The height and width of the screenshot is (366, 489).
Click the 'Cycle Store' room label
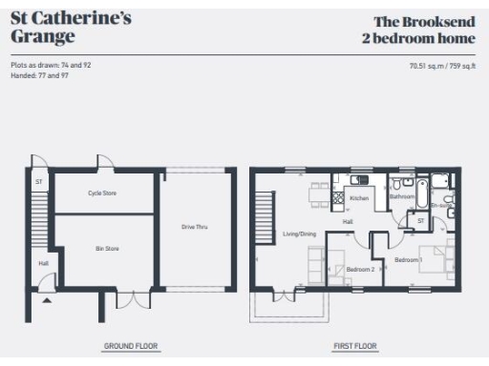tap(102, 193)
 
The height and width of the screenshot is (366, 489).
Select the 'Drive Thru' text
tap(195, 227)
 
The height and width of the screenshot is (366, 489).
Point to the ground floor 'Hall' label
tap(43, 263)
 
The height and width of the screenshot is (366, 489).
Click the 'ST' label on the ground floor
tap(39, 181)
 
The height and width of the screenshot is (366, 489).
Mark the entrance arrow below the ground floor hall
tap(45, 299)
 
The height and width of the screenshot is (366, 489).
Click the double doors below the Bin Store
tap(134, 299)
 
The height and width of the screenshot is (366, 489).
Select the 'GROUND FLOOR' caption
tap(131, 346)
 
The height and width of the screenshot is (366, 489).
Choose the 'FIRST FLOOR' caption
tap(355, 346)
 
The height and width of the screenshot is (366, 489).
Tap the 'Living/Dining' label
tap(299, 234)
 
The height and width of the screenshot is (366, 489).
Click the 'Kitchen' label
tap(359, 198)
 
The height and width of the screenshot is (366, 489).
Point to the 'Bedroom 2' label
tap(360, 269)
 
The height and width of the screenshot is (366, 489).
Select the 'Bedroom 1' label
tap(409, 260)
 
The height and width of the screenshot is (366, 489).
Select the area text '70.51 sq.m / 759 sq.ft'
tap(440, 67)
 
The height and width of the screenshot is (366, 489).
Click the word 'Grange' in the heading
tap(42, 37)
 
